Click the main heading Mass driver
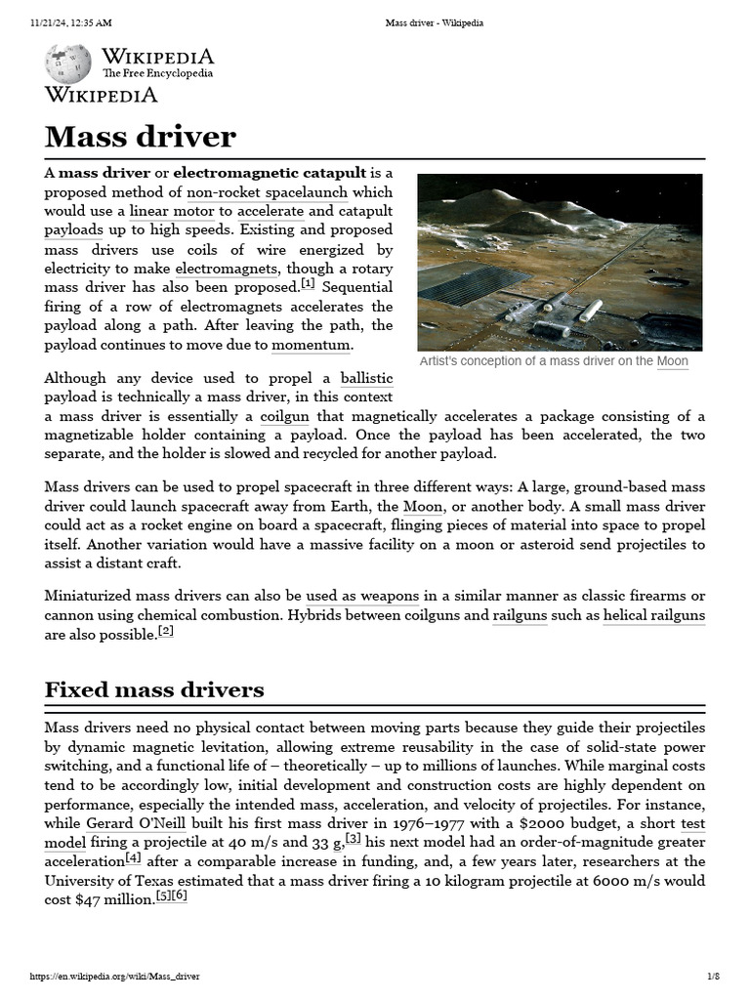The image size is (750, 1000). [x=141, y=136]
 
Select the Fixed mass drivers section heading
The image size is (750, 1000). [x=154, y=689]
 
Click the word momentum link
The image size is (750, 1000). [x=311, y=345]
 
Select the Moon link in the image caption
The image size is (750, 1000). [x=672, y=361]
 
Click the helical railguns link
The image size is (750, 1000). [x=653, y=615]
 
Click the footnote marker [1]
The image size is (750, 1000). [x=308, y=285]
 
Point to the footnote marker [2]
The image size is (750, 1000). [x=165, y=632]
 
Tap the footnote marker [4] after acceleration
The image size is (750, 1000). [x=133, y=859]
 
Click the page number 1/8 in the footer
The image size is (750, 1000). [x=713, y=977]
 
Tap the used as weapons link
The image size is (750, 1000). [x=362, y=596]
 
